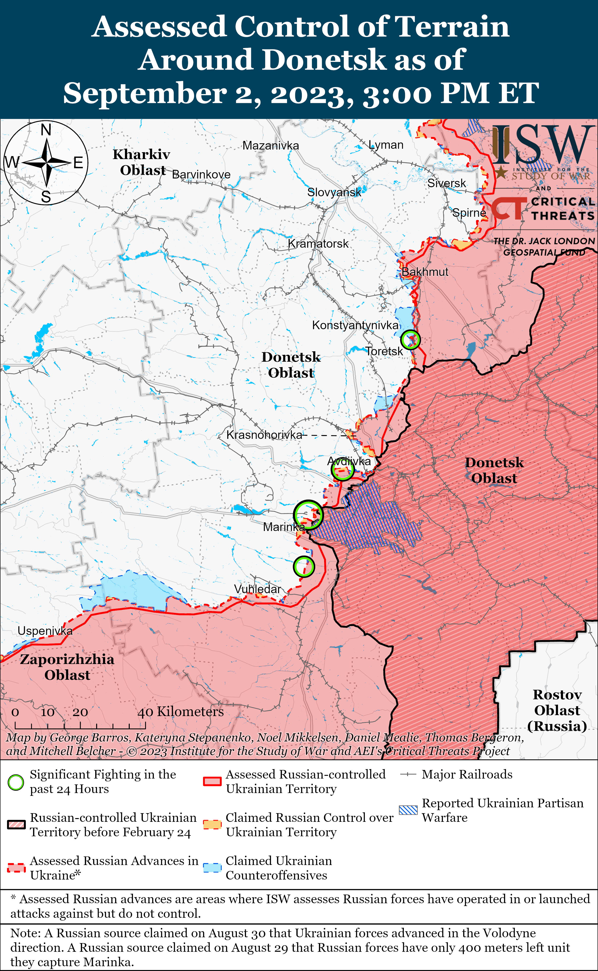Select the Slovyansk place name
[334, 193]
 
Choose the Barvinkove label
[201, 174]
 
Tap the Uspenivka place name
[45, 631]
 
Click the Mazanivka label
[271, 146]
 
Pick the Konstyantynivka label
[355, 325]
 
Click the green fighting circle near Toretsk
[410, 339]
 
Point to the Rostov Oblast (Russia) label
[557, 710]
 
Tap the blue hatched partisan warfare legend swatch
[408, 810]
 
